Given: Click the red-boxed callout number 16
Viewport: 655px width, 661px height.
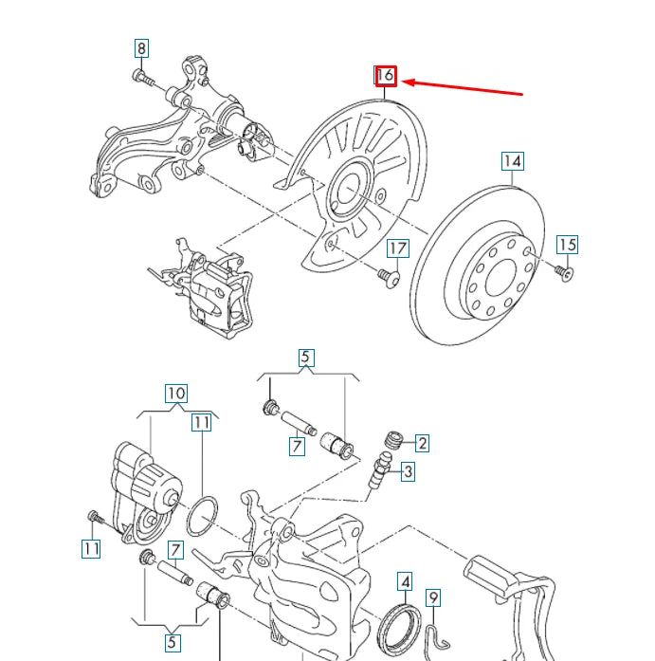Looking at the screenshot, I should point(385,76).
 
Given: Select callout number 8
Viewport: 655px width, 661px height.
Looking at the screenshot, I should point(141,48).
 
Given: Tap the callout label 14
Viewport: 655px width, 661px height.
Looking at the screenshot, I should point(512,160).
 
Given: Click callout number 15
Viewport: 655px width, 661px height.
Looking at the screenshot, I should point(566,245).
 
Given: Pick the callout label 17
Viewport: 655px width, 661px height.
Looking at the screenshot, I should point(397,248).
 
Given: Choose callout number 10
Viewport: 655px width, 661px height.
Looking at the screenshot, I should point(176,393).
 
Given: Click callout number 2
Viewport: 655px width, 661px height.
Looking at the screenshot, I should point(422,443).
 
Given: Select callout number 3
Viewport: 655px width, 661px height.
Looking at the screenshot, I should point(407,471).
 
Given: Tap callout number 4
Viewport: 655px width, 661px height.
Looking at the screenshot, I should point(405,581).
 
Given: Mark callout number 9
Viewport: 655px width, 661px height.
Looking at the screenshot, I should point(433,597).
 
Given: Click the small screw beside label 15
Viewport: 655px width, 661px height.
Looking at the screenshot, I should point(565,272).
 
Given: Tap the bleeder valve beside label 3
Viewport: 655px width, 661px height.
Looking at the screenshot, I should point(380,469).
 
